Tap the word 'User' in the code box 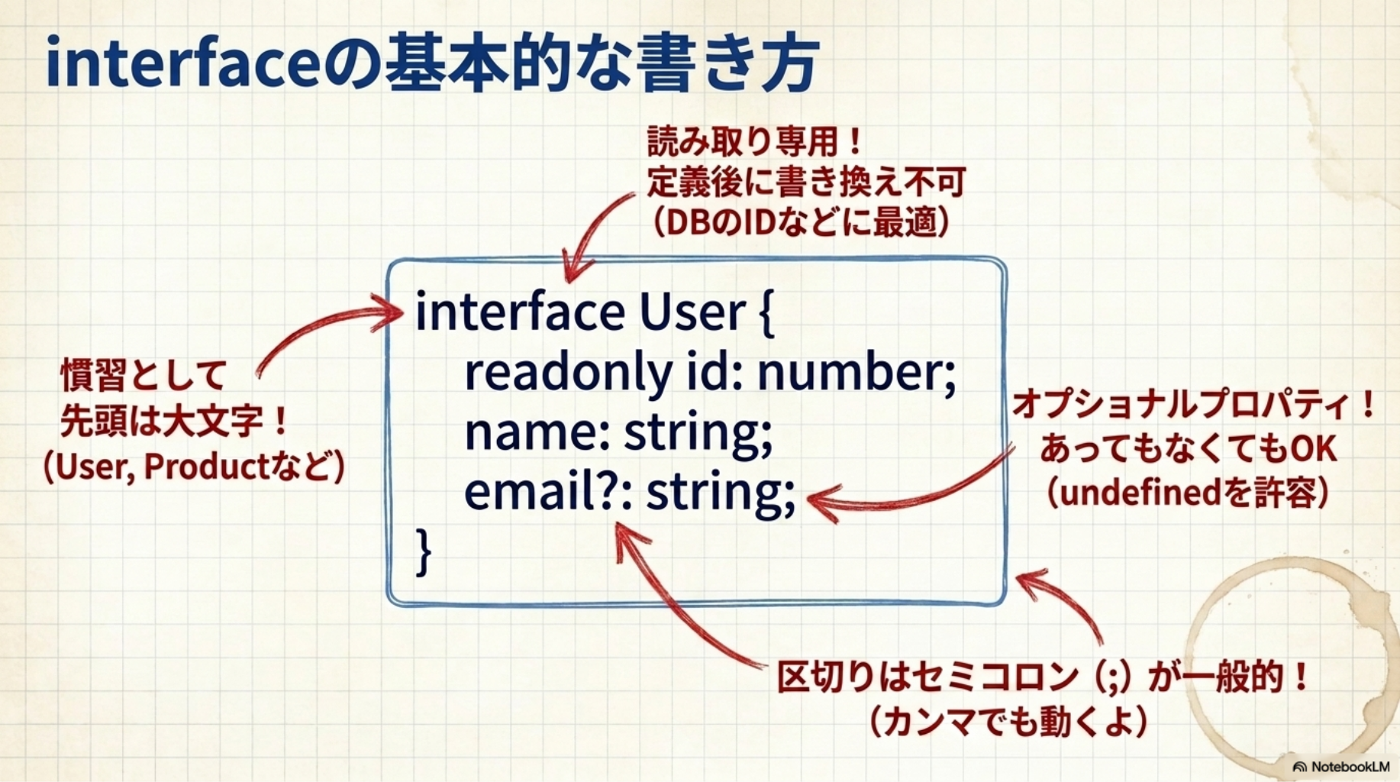coord(692,312)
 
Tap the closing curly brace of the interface coord(424,551)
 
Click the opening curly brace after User coord(766,314)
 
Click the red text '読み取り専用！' coord(756,141)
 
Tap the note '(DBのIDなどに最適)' coord(801,222)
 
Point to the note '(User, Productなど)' coord(194,467)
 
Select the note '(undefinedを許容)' coord(1188,493)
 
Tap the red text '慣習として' coord(144,375)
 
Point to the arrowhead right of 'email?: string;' coord(818,502)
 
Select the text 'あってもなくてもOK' coord(1189,448)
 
